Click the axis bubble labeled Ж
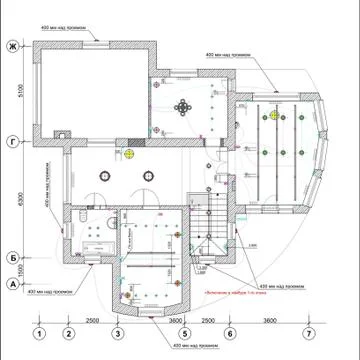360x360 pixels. point(13,47)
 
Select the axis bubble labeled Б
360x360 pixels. point(13,256)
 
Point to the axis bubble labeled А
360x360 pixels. point(13,284)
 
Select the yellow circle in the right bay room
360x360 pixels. point(273,115)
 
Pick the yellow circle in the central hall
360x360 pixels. point(130,154)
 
